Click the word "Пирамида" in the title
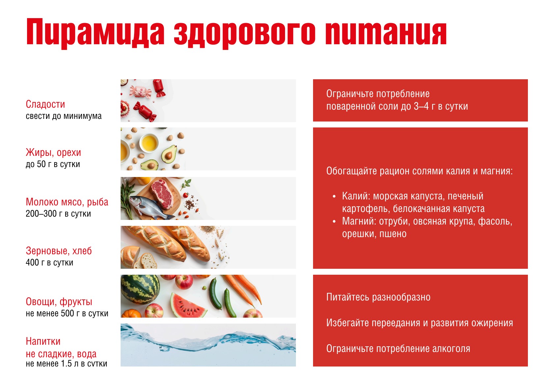click(96, 33)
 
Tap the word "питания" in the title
click(386, 33)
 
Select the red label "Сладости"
click(45, 104)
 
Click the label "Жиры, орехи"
click(53, 153)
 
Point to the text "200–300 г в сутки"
click(58, 214)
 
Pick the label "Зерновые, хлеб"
click(59, 251)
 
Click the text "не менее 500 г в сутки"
click(67, 313)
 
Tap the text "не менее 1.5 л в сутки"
click(67, 364)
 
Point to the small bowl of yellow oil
click(149, 143)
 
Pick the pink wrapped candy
click(140, 92)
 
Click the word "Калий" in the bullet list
click(356, 196)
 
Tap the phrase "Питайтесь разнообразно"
click(378, 297)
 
